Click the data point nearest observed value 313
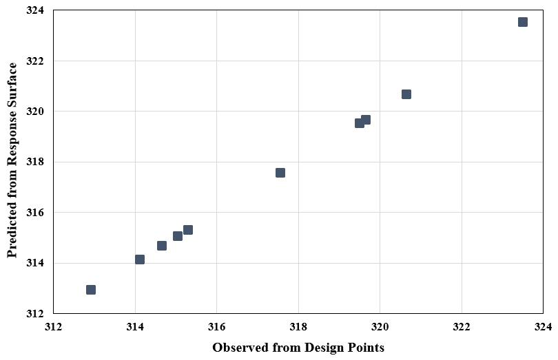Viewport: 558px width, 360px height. tap(91, 290)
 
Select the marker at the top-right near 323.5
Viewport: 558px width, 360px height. tap(523, 22)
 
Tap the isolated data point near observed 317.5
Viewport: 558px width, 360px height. tap(280, 173)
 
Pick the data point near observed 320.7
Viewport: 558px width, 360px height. tap(406, 94)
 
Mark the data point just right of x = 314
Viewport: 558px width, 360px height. tap(140, 260)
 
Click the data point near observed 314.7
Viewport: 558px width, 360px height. tap(162, 246)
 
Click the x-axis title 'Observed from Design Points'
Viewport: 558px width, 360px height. tap(298, 348)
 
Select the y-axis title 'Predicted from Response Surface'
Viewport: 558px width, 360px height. tap(12, 161)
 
